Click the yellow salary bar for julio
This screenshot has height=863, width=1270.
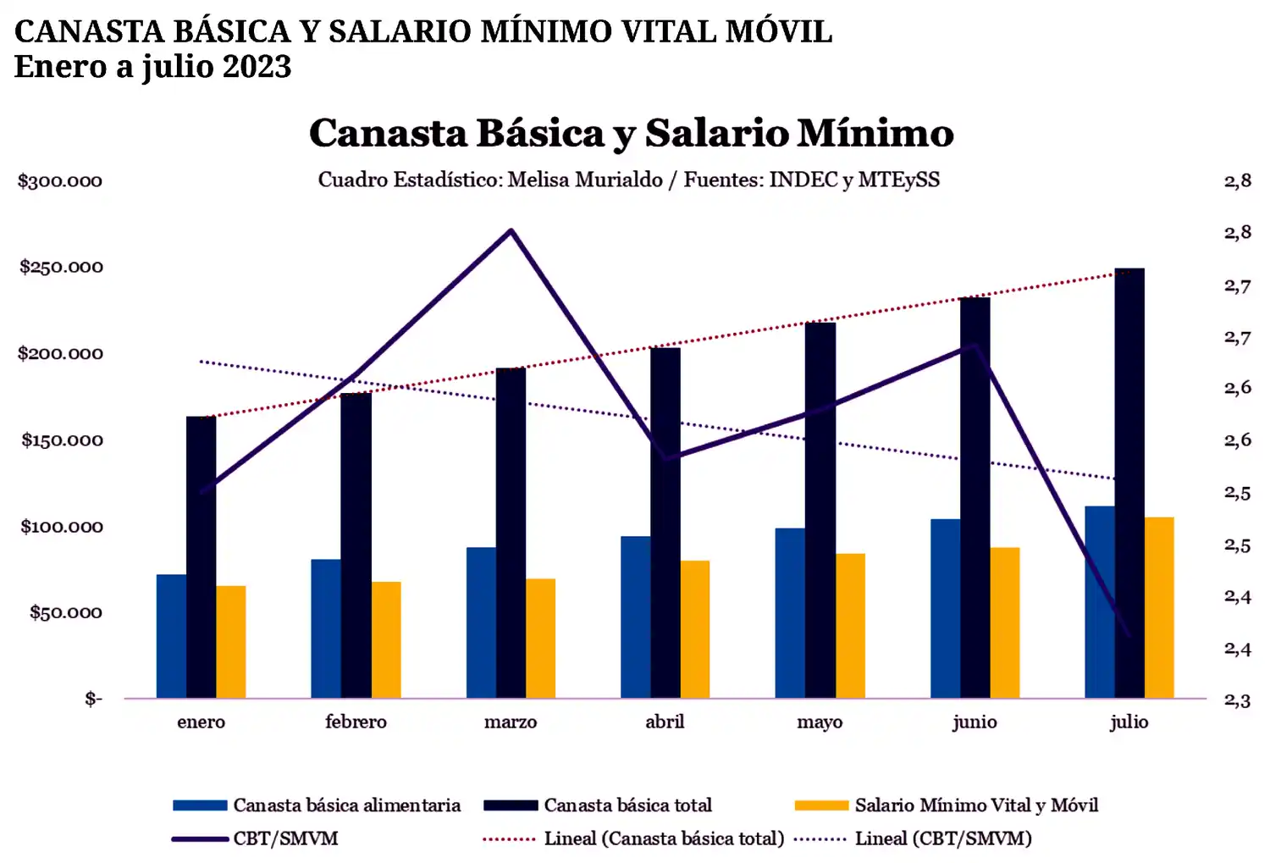[x=1159, y=607]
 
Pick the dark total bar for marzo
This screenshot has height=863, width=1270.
[x=511, y=533]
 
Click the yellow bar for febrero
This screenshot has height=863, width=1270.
[x=386, y=639]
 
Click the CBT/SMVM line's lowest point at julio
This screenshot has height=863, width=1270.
[x=1129, y=634]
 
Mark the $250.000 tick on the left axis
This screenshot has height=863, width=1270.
[x=61, y=267]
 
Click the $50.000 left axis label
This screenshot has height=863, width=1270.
[x=65, y=612]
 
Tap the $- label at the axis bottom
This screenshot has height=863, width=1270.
[x=93, y=699]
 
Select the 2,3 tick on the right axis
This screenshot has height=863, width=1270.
[x=1237, y=700]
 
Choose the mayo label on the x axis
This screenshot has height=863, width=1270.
[x=820, y=722]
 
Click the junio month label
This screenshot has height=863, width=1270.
[x=975, y=722]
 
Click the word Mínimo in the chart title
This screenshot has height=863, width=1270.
[x=875, y=133]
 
